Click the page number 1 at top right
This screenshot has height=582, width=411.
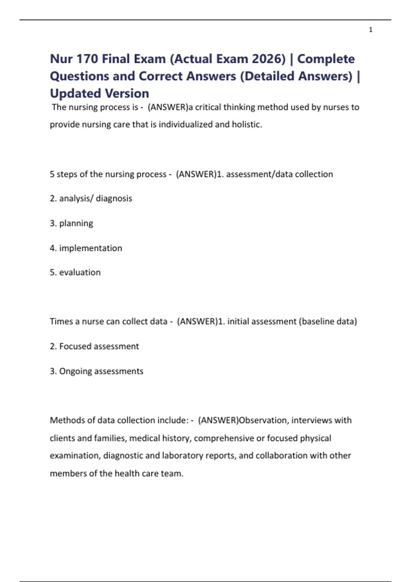(371, 30)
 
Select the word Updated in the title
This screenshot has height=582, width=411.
(75, 93)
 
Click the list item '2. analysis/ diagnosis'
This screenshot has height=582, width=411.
(91, 199)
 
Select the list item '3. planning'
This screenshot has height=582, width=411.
(71, 223)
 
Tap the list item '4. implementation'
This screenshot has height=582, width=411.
(86, 248)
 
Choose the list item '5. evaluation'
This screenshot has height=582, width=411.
(75, 273)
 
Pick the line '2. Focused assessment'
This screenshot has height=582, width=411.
(94, 346)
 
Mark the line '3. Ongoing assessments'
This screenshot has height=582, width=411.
(96, 371)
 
